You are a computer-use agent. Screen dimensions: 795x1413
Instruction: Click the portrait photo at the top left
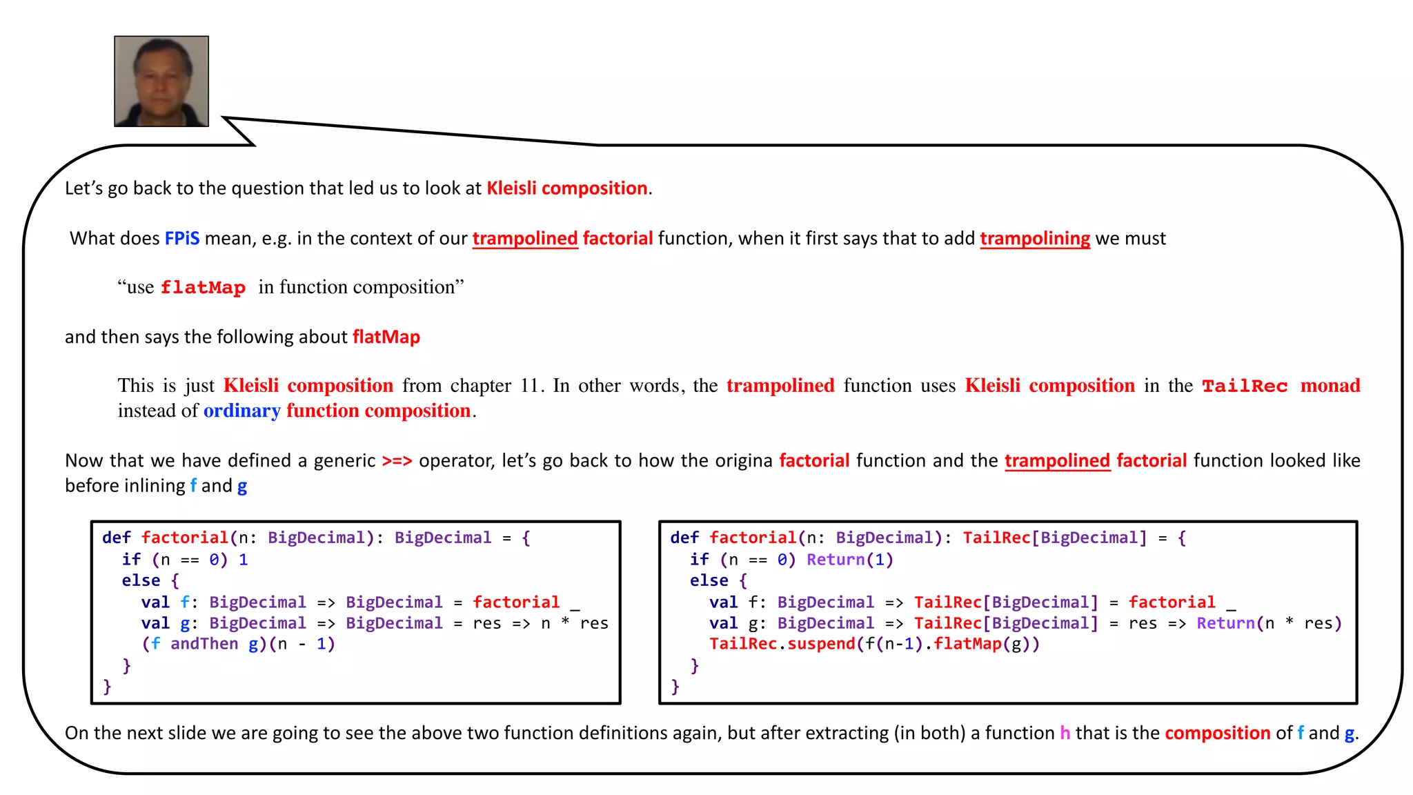pos(161,81)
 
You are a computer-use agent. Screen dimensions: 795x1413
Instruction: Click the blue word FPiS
pos(182,239)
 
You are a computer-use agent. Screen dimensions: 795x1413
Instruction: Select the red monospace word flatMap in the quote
pos(203,288)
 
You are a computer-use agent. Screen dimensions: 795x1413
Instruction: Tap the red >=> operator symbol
pos(397,461)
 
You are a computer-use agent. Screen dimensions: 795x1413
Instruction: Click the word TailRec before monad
pos(1245,386)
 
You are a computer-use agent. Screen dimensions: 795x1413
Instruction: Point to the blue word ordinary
pos(241,411)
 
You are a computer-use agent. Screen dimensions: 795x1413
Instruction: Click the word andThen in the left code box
pos(204,644)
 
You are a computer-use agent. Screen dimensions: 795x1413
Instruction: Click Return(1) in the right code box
pos(850,560)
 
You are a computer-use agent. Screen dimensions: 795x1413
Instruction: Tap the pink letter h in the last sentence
pos(1065,733)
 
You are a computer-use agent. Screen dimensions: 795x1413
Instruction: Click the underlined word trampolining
pos(1035,239)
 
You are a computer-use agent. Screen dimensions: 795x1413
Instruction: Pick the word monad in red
pos(1330,386)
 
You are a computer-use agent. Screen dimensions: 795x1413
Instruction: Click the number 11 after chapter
pos(530,386)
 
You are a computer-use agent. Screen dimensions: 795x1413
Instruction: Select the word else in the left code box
pos(141,581)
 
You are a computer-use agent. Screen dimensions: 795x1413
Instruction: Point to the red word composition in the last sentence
pos(1218,733)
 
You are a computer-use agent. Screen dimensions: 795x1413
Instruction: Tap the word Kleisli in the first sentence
pos(511,188)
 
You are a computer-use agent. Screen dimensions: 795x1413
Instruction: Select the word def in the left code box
pos(116,538)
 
